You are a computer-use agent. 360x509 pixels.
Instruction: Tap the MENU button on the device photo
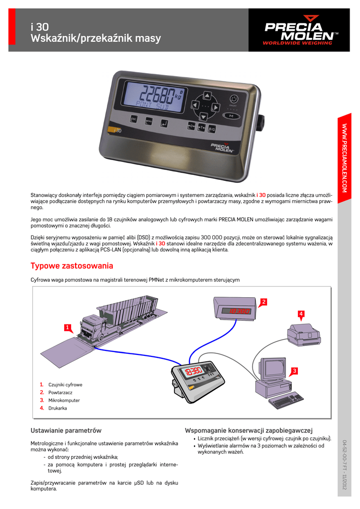(x=148, y=120)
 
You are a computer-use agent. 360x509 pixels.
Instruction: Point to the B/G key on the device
(x=211, y=128)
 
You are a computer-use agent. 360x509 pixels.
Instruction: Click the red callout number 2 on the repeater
(x=264, y=302)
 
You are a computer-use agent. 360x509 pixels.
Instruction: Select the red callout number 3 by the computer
(x=294, y=371)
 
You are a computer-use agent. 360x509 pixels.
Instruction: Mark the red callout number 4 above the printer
(x=301, y=313)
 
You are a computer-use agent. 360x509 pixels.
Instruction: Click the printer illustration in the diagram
(x=303, y=335)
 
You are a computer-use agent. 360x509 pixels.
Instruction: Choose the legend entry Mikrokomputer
(x=64, y=400)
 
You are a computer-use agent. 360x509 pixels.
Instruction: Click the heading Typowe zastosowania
(x=72, y=266)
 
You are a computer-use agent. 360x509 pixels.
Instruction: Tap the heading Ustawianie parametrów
(x=66, y=430)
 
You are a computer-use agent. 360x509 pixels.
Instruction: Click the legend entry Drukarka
(x=58, y=408)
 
